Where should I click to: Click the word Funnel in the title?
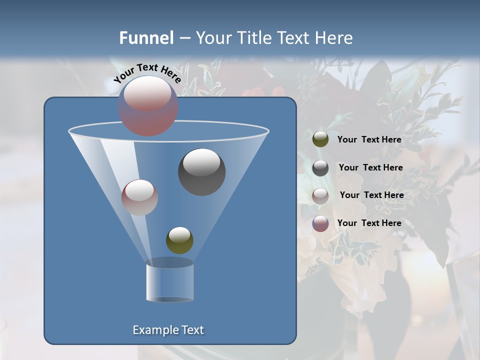146,38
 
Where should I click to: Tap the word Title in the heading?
254,38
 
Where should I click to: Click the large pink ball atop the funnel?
148,105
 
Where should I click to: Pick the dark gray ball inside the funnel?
201,171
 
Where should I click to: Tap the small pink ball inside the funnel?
139,197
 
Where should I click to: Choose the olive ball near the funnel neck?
179,240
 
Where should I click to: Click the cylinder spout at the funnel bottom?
169,281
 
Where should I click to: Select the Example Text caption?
168,330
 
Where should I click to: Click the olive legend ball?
320,139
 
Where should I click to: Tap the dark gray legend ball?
320,168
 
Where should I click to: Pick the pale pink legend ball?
320,195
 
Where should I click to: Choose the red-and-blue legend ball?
320,223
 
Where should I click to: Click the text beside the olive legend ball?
369,139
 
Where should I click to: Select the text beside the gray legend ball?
370,167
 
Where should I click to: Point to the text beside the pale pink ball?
371,195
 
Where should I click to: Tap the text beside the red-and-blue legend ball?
369,223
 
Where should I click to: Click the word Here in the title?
333,38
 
